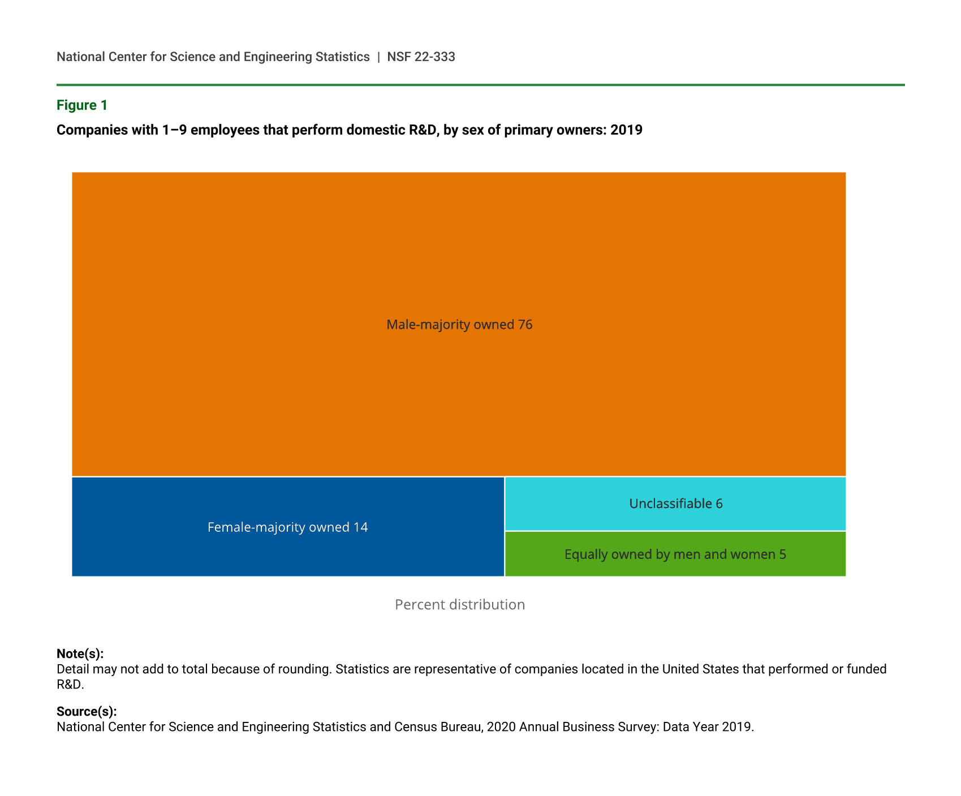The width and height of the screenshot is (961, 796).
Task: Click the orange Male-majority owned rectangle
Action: click(x=458, y=255)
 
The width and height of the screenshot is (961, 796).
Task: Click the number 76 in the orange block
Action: click(x=525, y=325)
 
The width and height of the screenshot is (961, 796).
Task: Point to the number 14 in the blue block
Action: click(x=360, y=527)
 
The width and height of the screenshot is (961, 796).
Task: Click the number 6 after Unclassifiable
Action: click(x=719, y=504)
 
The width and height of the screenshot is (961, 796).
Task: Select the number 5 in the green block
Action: click(x=782, y=554)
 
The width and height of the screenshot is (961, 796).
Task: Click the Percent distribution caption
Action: click(x=459, y=605)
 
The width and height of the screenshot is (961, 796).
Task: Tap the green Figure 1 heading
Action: click(x=82, y=105)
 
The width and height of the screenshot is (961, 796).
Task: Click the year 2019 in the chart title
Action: click(x=626, y=130)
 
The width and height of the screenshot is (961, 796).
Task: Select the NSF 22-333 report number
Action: click(x=421, y=57)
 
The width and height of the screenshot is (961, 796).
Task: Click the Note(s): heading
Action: click(x=80, y=654)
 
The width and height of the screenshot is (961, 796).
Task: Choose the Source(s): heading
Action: click(x=87, y=712)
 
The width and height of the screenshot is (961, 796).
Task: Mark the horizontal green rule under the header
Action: click(x=480, y=85)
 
